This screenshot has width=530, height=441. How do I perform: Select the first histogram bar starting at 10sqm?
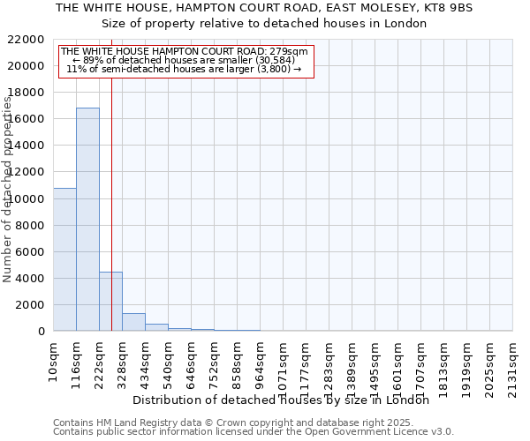pyautogui.click(x=64, y=259)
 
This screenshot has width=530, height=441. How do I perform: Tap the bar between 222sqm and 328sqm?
pyautogui.click(x=110, y=302)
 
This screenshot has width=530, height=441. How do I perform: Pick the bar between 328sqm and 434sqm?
pyautogui.click(x=133, y=322)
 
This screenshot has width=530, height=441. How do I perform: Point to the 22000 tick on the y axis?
pyautogui.click(x=27, y=40)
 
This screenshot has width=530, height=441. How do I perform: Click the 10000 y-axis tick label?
pyautogui.click(x=27, y=199)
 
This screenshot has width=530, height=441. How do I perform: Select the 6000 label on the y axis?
pyautogui.click(x=31, y=252)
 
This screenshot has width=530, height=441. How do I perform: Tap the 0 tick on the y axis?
pyautogui.click(x=42, y=332)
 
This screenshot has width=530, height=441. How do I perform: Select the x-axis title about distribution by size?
pyautogui.click(x=286, y=400)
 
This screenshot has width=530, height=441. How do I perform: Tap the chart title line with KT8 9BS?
pyautogui.click(x=264, y=8)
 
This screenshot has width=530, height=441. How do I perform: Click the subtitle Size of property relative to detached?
pyautogui.click(x=264, y=24)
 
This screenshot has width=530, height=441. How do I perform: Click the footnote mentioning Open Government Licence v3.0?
pyautogui.click(x=254, y=431)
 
